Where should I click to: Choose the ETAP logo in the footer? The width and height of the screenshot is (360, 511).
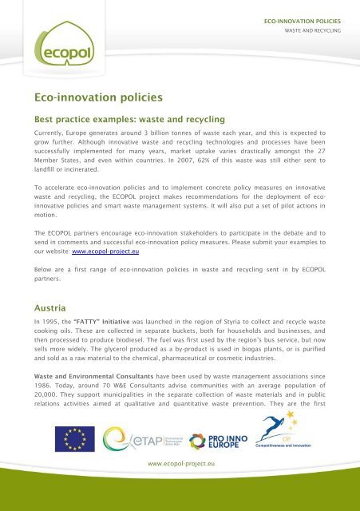pyautogui.click(x=137, y=438)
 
